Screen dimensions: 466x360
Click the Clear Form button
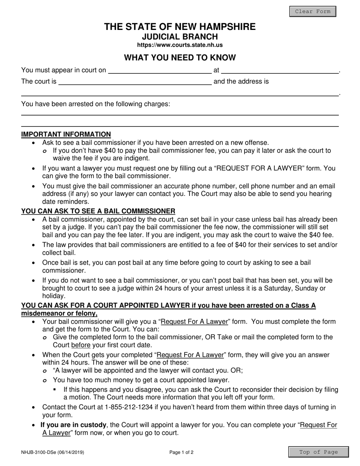(313, 11)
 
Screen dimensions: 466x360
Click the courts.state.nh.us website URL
(180, 45)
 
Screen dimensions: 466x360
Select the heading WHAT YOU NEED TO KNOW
(180, 58)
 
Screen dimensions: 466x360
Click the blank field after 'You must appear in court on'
(159, 70)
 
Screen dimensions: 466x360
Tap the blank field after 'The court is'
(135, 81)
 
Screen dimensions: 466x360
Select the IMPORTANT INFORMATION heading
(66, 134)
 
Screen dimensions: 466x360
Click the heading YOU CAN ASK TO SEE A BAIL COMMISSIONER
(98, 211)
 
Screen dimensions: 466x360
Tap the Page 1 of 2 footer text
(181, 452)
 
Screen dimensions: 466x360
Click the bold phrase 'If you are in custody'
(72, 425)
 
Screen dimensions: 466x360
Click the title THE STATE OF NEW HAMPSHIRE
(180, 27)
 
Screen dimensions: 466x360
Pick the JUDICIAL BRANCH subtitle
(180, 37)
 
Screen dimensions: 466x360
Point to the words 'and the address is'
(241, 81)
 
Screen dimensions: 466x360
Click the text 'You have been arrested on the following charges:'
(95, 104)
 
